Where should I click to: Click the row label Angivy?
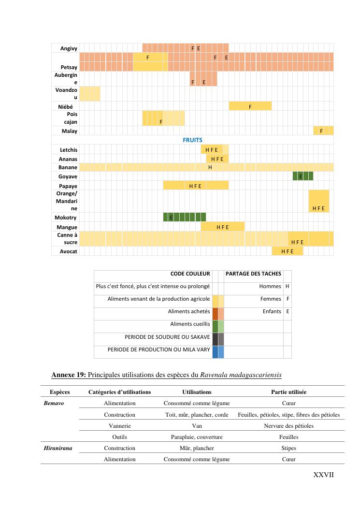(x=69, y=48)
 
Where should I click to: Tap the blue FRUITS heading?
(x=192, y=140)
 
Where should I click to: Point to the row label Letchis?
(x=68, y=150)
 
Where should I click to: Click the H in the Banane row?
(x=210, y=167)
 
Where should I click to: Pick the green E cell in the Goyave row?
(x=301, y=176)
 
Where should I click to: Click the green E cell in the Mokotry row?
(x=171, y=218)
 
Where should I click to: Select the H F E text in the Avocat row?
(x=287, y=251)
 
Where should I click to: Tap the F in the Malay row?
(x=321, y=131)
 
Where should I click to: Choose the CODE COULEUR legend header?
(x=190, y=274)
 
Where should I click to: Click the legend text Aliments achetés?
(x=189, y=312)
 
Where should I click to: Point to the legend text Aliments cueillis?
(x=190, y=324)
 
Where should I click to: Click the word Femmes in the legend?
(x=271, y=299)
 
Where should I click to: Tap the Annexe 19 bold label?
(x=69, y=375)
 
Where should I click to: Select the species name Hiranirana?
(x=58, y=448)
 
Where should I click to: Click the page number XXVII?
(x=324, y=475)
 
